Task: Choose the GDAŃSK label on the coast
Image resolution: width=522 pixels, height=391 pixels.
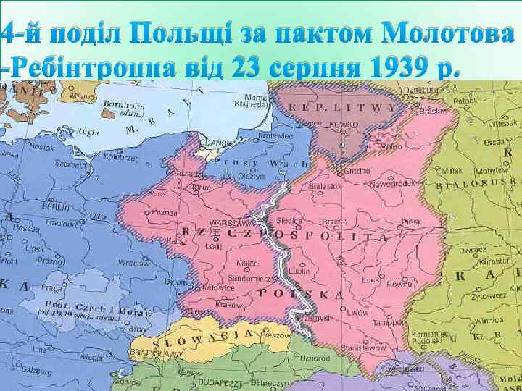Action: coord(217,143)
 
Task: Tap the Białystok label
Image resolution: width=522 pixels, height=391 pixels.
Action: coord(324,186)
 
